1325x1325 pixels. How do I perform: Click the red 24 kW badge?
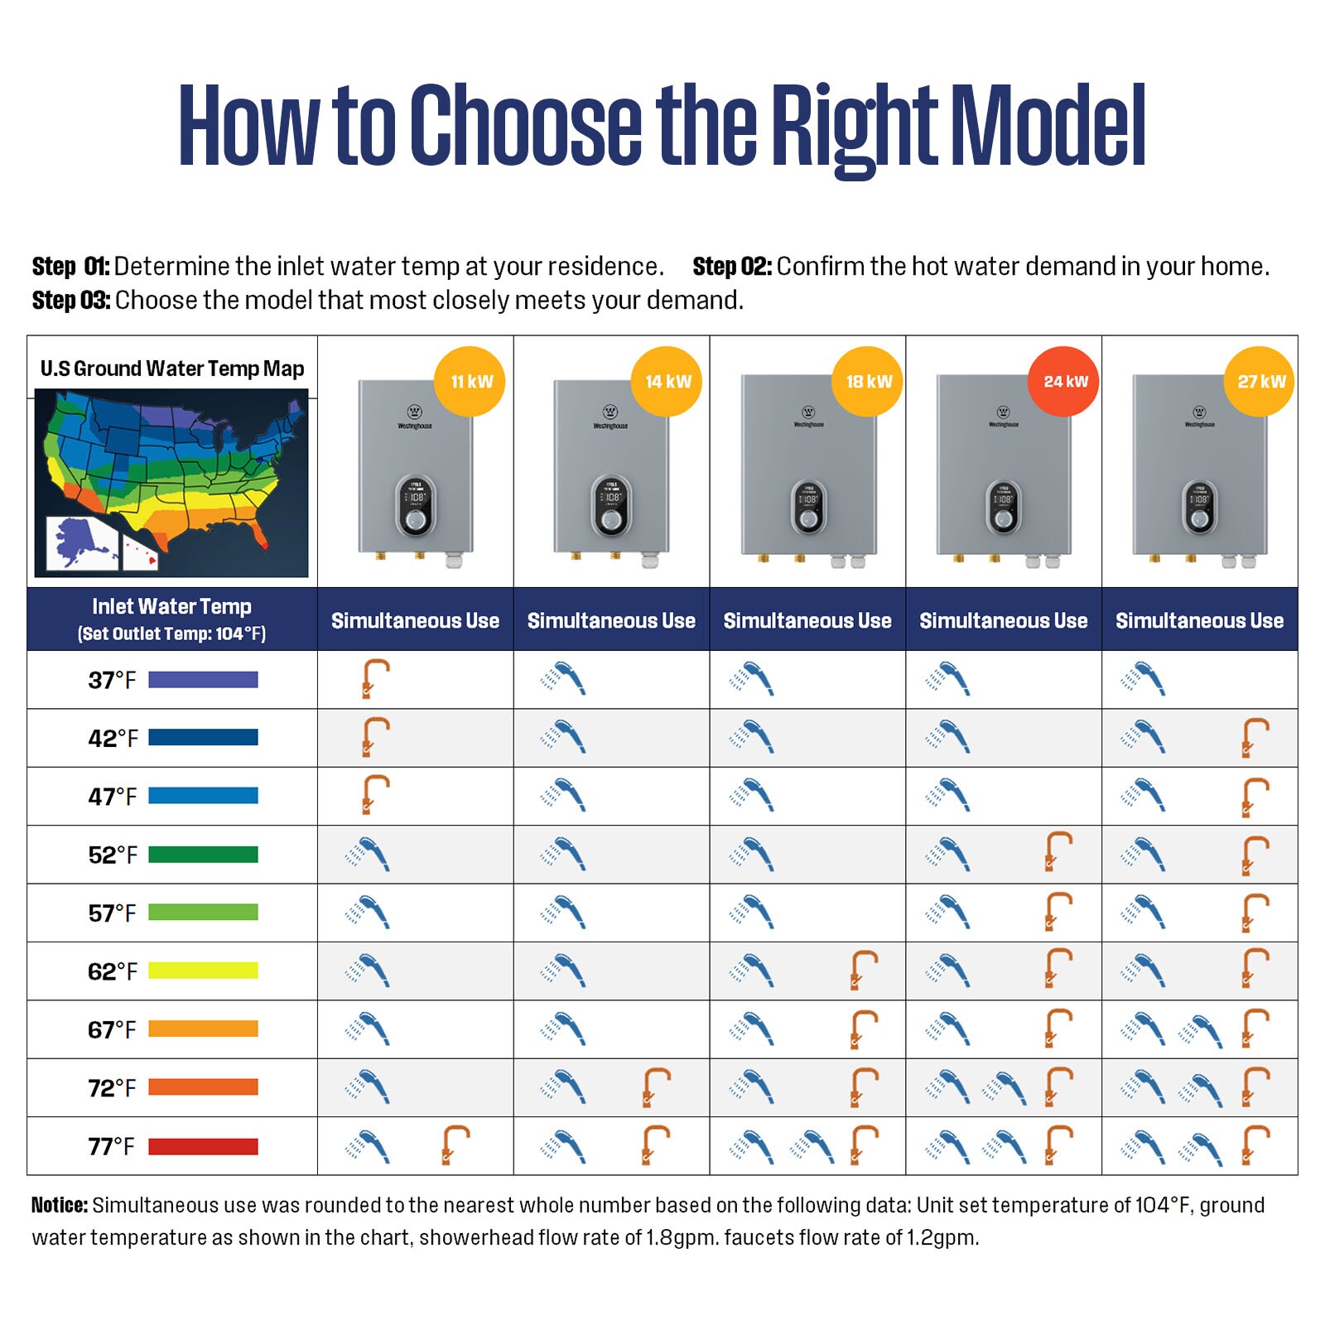(x=1064, y=382)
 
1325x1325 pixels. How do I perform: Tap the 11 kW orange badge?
(x=470, y=382)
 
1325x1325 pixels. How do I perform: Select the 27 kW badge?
(x=1260, y=382)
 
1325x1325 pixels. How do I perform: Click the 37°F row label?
(x=112, y=680)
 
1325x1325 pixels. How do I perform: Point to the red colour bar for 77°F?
(x=203, y=1147)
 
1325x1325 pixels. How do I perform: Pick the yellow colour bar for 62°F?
(x=203, y=971)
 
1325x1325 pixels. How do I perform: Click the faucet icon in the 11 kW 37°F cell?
(x=374, y=679)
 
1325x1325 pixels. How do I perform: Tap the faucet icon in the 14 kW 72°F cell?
(x=656, y=1087)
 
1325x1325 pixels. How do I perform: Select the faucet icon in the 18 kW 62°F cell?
(x=863, y=971)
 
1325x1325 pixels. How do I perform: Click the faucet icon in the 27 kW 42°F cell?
(x=1255, y=738)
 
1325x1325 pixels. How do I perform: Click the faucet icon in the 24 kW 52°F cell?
(x=1058, y=852)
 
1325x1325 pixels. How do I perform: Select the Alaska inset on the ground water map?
(x=81, y=542)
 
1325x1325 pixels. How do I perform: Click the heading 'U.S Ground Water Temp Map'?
(x=172, y=369)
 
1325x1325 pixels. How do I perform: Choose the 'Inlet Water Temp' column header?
(x=171, y=607)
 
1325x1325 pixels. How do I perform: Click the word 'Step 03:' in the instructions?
(x=71, y=301)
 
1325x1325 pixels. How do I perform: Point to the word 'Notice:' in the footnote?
(x=60, y=1205)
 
